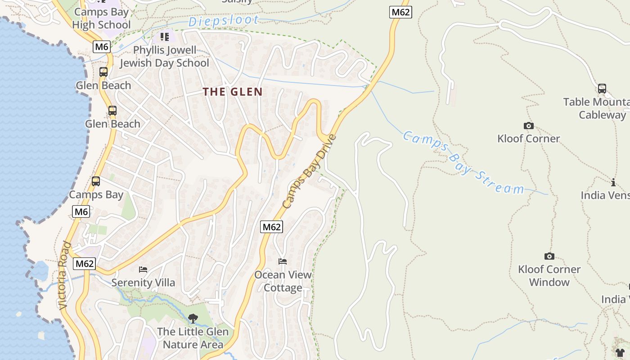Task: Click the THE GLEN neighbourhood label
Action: (232, 92)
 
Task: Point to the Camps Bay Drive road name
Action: (309, 171)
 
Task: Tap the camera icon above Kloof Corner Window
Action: (549, 256)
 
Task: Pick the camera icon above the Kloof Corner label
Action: (528, 126)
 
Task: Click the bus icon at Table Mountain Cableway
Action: (602, 89)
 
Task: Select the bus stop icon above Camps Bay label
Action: (95, 181)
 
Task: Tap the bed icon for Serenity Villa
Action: (143, 270)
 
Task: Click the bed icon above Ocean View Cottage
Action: (282, 261)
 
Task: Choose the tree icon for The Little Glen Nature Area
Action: (193, 319)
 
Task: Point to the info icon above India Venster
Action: (613, 182)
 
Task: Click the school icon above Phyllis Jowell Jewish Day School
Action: (165, 36)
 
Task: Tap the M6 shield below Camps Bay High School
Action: (101, 46)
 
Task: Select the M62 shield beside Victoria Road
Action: (85, 264)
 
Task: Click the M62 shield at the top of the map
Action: (400, 12)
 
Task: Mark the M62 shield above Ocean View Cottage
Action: (271, 227)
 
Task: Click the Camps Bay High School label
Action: (101, 18)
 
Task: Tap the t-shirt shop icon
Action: (620, 352)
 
